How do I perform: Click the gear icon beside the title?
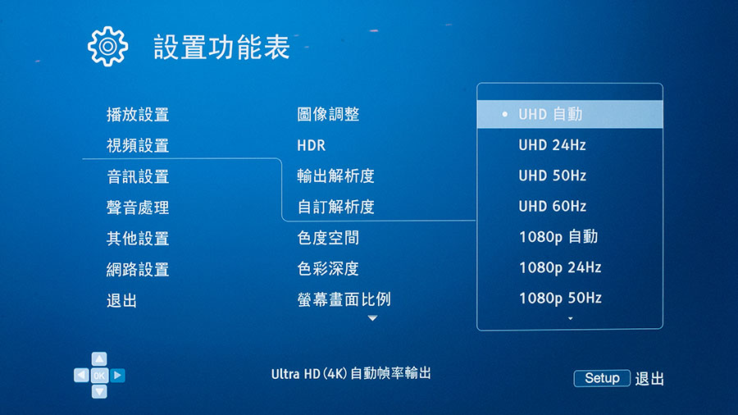point(107,46)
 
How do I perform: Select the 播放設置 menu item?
point(138,114)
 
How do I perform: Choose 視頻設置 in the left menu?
point(138,145)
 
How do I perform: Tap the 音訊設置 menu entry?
point(138,176)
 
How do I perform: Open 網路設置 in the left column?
point(138,270)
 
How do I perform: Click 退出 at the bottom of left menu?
point(122,301)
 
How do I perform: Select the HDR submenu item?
point(311,145)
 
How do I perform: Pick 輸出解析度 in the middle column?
point(335,176)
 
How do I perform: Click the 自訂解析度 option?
point(335,207)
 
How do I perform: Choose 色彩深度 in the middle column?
point(328,269)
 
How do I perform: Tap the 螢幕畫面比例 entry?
point(344,299)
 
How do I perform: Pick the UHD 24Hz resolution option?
point(552,145)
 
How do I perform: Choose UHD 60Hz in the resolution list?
point(552,206)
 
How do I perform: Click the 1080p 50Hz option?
point(560,298)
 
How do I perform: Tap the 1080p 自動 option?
point(558,237)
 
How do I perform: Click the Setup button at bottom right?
point(602,378)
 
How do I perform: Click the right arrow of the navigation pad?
point(117,375)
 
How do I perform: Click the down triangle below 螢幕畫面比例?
point(372,318)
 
